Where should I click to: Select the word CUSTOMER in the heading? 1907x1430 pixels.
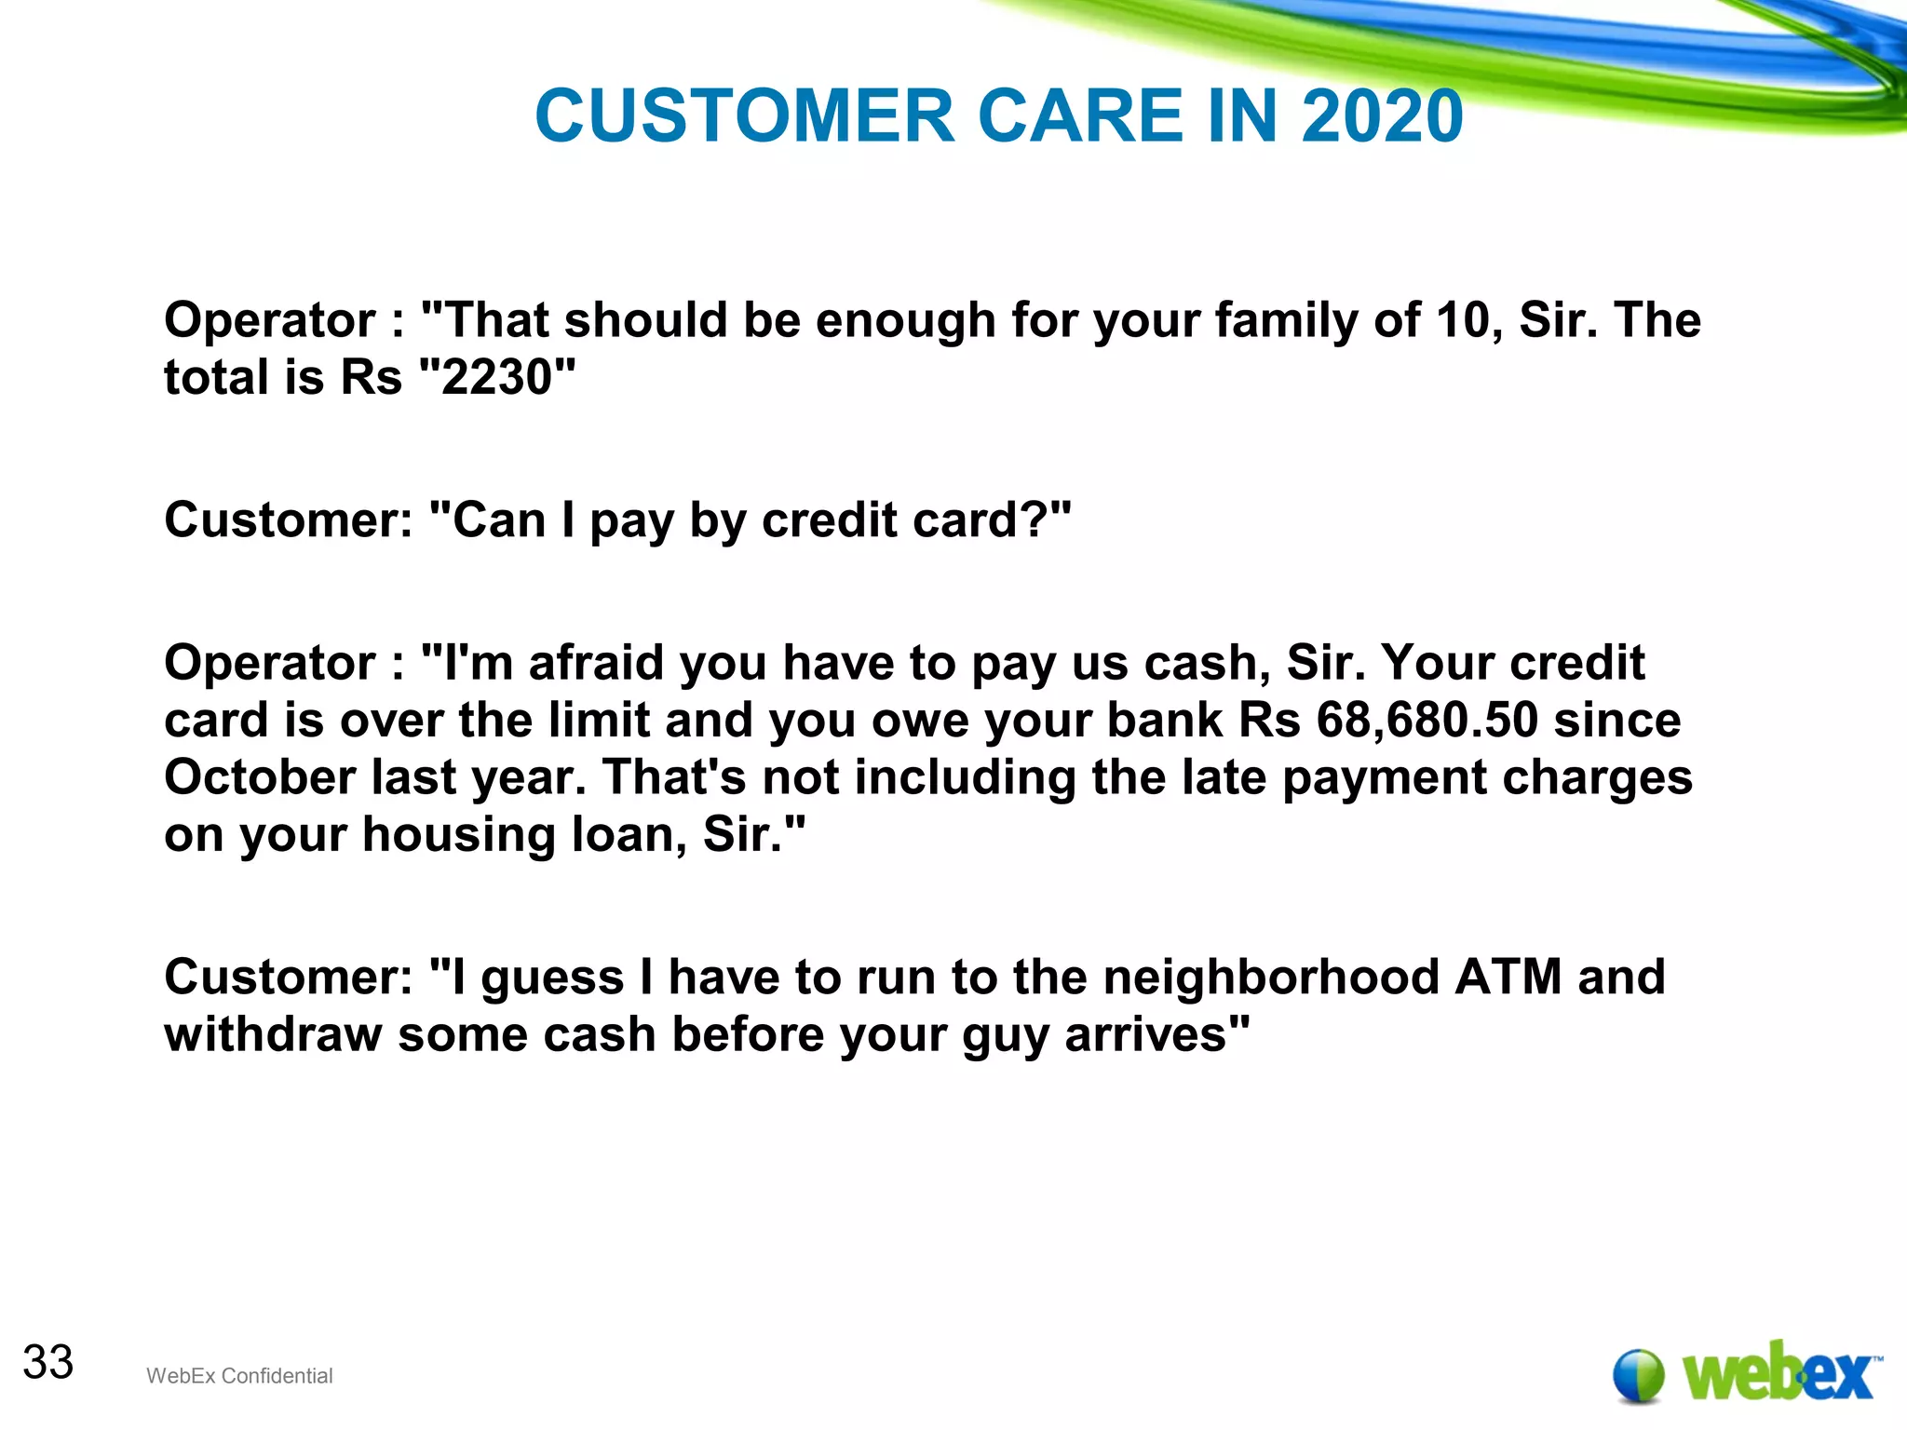click(745, 116)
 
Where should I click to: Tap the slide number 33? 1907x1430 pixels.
click(48, 1362)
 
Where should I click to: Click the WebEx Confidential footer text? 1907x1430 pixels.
click(239, 1376)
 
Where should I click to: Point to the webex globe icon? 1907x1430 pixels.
click(1638, 1375)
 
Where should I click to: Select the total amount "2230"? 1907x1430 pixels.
click(497, 377)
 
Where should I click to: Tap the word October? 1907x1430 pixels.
click(260, 777)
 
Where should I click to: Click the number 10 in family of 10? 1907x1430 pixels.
click(1468, 320)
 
